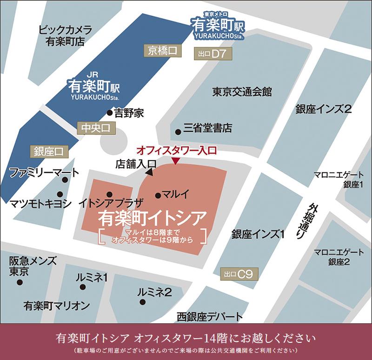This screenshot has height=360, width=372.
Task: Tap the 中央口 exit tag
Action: click(94, 128)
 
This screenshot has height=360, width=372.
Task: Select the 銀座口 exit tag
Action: click(48, 151)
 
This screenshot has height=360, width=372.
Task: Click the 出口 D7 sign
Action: click(212, 54)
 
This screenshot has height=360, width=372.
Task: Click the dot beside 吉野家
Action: click(110, 112)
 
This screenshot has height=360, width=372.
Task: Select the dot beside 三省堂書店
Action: click(178, 131)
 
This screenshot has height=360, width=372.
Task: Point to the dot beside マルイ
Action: click(158, 196)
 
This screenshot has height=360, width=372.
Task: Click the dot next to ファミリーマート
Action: click(65, 179)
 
